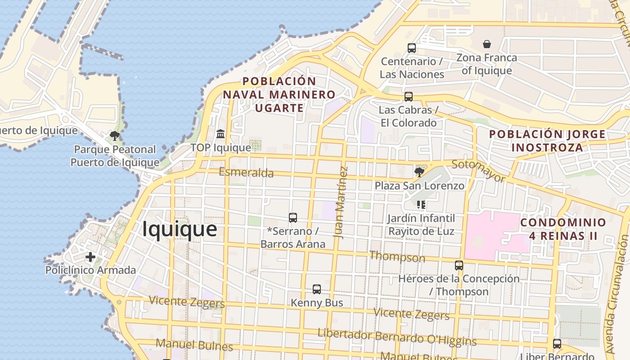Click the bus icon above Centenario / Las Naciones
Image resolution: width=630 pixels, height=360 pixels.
point(411,48)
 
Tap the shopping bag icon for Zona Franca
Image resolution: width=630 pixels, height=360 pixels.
point(486,44)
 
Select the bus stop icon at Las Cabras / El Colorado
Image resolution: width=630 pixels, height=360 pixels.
point(408,97)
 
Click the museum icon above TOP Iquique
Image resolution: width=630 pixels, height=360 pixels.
point(220,134)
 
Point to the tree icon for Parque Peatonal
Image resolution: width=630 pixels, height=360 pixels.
point(115,135)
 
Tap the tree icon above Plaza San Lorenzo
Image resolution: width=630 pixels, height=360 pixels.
point(419,172)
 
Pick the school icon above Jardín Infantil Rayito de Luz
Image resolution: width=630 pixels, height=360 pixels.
point(421,205)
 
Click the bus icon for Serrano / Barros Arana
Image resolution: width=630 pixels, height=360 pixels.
point(293,218)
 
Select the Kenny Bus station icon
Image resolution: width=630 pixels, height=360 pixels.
point(317,289)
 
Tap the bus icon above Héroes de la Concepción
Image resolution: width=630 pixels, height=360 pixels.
point(459,265)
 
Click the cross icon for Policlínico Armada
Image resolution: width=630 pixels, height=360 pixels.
point(90,257)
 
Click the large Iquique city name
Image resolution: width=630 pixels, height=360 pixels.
point(180,229)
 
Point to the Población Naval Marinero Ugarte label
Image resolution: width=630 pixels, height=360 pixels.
point(279,94)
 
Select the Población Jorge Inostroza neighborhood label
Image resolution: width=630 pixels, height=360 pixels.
point(547,141)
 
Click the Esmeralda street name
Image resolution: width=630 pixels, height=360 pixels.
point(246,172)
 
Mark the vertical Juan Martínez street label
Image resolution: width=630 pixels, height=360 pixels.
point(341,202)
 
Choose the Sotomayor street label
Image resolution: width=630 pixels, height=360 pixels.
point(478,171)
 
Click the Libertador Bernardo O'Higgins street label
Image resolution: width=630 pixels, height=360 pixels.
point(397,338)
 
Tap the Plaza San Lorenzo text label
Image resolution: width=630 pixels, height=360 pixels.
point(419,186)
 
